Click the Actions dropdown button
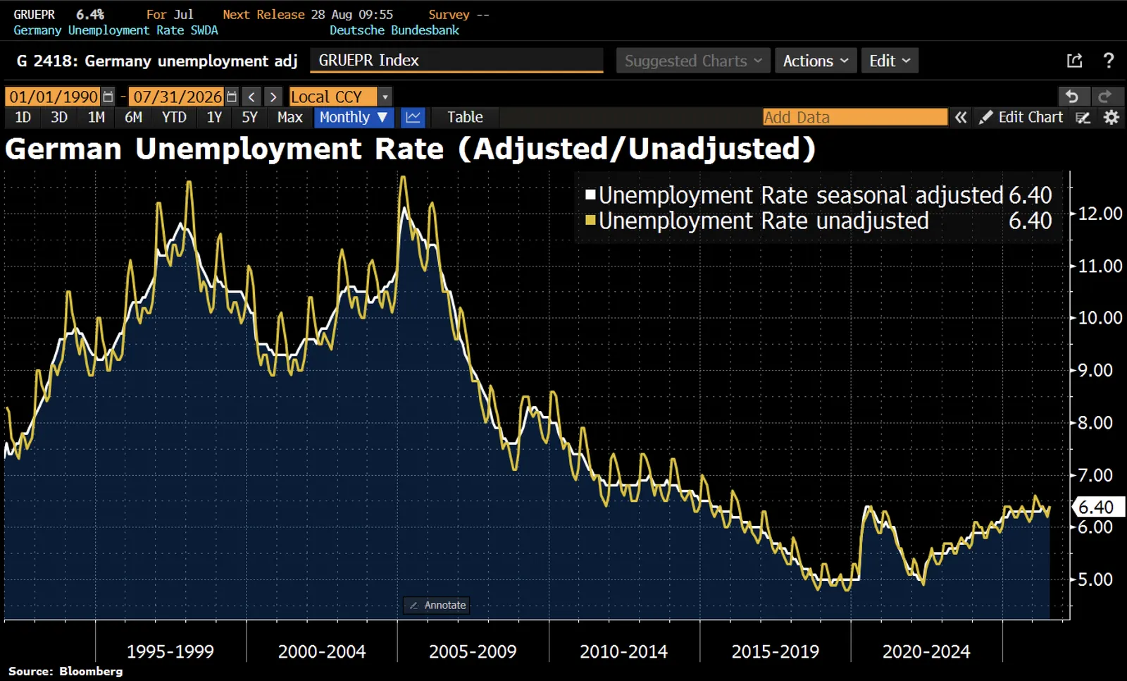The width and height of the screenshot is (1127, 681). (x=816, y=61)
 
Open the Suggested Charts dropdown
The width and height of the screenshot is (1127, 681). (x=693, y=61)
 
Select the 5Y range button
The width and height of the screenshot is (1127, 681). (x=249, y=117)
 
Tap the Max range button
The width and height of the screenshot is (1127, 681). (x=289, y=117)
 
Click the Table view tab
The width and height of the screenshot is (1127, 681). (x=465, y=117)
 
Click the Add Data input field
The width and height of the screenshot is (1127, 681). (x=855, y=117)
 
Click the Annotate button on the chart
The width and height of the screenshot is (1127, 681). (x=437, y=605)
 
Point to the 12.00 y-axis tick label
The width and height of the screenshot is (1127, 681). (x=1100, y=214)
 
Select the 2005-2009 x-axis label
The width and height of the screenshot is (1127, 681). (x=473, y=652)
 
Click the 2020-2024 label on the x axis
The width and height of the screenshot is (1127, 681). (x=926, y=652)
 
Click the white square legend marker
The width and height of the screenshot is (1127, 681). (x=591, y=194)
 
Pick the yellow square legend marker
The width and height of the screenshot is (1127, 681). (x=591, y=220)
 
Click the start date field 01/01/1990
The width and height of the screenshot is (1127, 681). (x=54, y=96)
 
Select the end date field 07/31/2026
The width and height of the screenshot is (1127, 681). (x=177, y=96)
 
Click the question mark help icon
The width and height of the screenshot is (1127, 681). (x=1109, y=61)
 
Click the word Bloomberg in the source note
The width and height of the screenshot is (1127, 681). (x=91, y=671)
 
